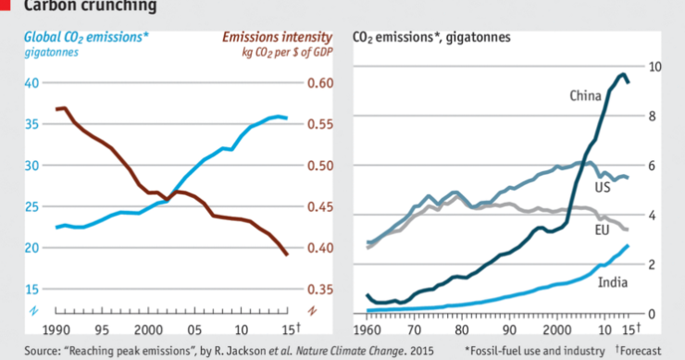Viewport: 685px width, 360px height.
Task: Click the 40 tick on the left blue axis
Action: click(x=31, y=83)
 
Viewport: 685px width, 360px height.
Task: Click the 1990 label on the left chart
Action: click(x=56, y=329)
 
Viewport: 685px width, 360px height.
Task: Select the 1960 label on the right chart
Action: click(x=367, y=329)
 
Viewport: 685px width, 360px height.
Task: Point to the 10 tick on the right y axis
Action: click(x=654, y=67)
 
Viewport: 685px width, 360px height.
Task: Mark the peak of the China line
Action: click(x=623, y=74)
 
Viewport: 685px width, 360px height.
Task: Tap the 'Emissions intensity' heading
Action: click(x=276, y=37)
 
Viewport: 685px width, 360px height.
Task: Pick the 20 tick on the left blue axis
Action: click(x=31, y=248)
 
